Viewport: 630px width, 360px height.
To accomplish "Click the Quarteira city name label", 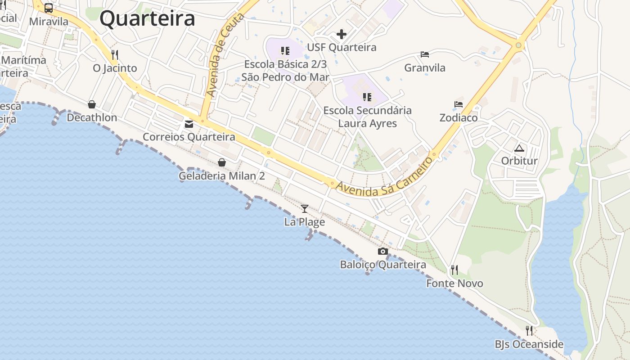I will pos(147,19).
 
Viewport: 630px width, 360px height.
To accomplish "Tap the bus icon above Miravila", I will pos(48,8).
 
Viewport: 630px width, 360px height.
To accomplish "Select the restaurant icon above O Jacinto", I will pos(115,55).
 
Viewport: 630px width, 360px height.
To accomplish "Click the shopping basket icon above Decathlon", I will pos(92,104).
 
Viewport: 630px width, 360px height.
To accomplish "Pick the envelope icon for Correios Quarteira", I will pos(189,124).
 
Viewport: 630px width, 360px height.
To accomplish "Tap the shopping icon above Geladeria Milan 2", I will pos(221,162).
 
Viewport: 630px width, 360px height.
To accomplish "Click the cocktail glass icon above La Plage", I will pos(305,208).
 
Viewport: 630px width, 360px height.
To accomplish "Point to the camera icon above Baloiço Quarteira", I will pos(383,252).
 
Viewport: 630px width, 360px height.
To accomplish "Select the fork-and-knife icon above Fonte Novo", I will pos(454,270).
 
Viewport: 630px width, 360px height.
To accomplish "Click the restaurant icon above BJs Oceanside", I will pos(529,331).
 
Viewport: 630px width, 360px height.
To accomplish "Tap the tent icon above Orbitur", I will pos(519,148).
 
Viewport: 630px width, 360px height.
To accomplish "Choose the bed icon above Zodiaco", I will pos(459,104).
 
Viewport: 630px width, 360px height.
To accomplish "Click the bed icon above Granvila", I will pos(425,54).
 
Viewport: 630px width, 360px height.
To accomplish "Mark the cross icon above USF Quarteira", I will pos(342,34).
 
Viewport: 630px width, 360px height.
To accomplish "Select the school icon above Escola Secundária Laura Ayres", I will pos(367,97).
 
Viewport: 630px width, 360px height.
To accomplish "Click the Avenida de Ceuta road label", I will pos(225,55).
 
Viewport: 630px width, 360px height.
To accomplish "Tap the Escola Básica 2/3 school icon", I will pos(285,51).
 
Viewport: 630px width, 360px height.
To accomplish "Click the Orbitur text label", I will pos(519,161).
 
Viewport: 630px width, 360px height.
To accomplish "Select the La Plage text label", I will pos(305,222).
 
